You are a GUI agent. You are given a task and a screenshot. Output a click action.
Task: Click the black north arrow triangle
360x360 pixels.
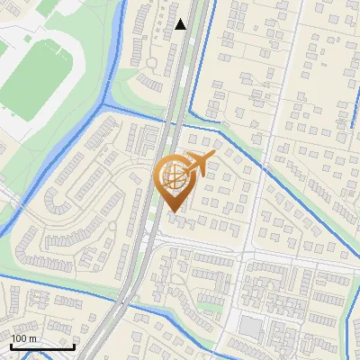[x=181, y=24]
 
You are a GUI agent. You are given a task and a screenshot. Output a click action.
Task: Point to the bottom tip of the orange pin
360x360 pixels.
[x=175, y=212]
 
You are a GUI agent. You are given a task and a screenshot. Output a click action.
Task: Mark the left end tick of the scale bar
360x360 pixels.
[x=11, y=346]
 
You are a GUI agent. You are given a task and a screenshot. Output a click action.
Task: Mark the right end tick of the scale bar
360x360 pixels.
[x=74, y=346]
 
